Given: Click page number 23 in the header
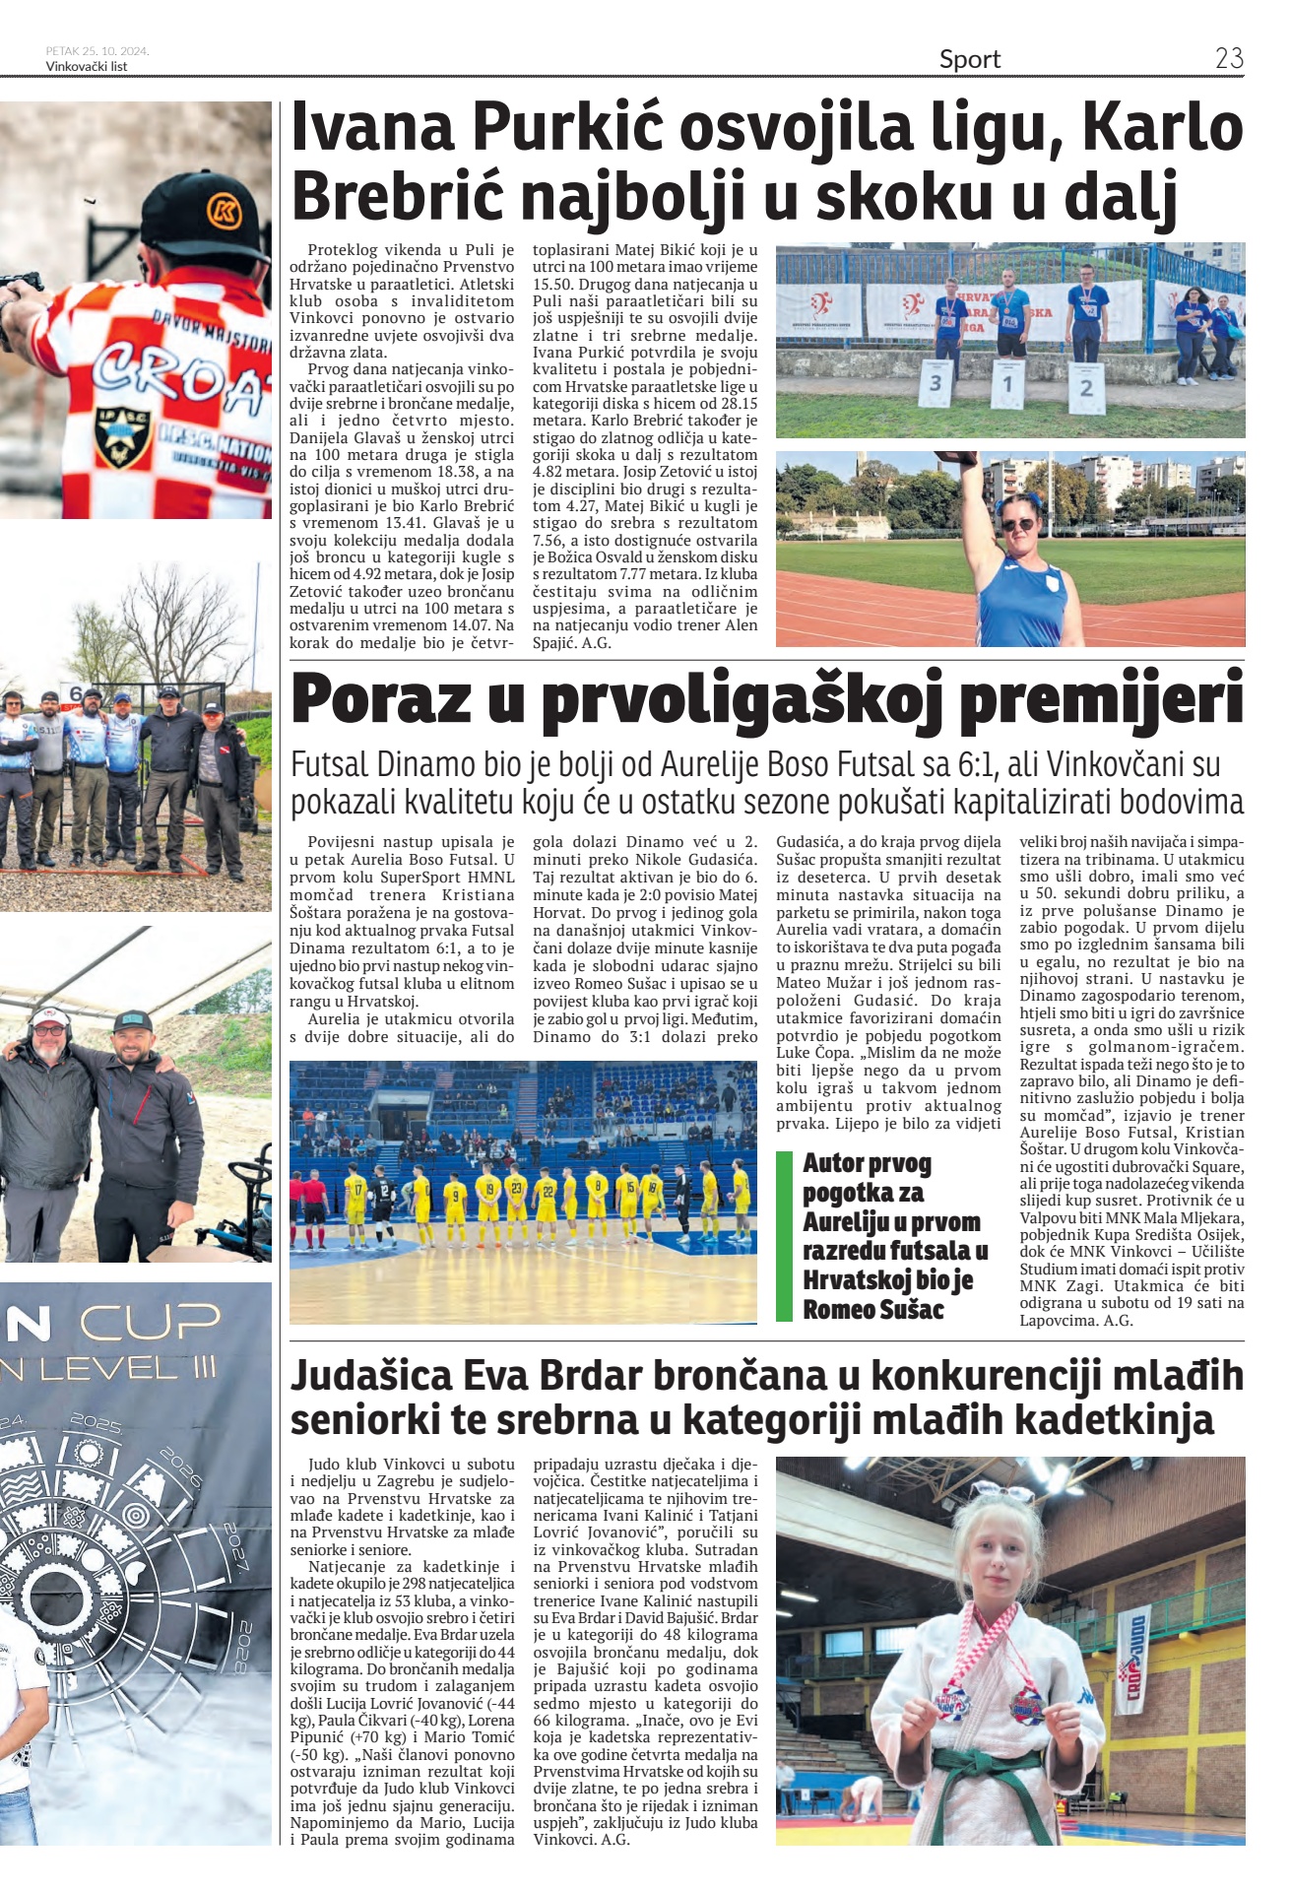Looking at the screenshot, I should click(1228, 58).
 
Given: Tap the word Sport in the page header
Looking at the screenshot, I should click(969, 60).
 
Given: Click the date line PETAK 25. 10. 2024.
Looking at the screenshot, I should click(97, 51).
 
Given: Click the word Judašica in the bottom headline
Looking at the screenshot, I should click(369, 1375).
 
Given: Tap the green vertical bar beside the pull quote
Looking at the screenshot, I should click(784, 1235).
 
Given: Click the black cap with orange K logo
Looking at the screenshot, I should click(206, 213).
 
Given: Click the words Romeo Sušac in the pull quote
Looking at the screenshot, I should click(872, 1309).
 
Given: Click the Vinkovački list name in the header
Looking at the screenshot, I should click(87, 67).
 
